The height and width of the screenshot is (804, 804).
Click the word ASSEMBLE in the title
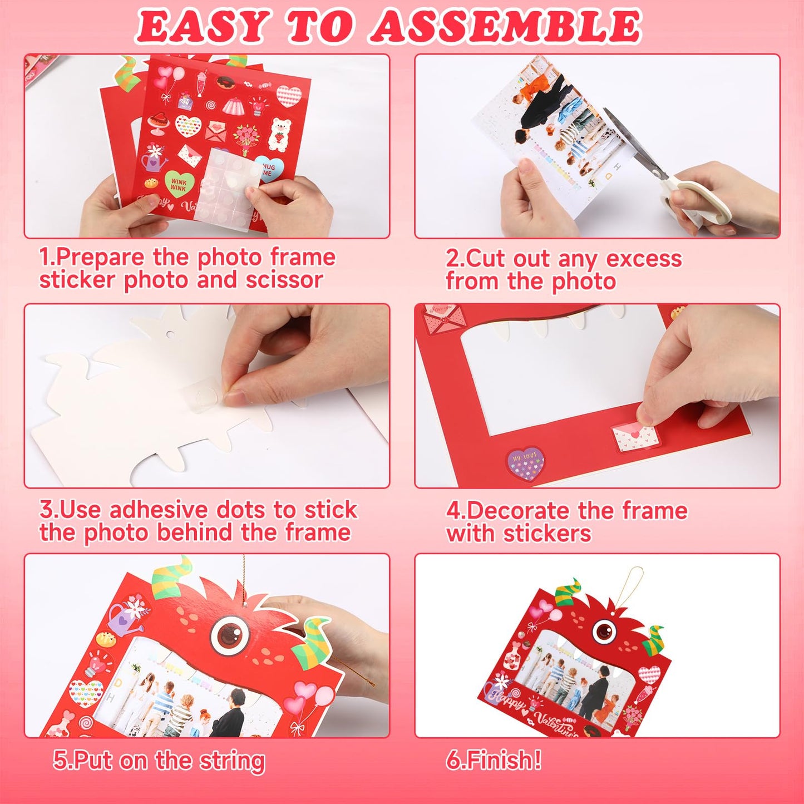click(x=506, y=26)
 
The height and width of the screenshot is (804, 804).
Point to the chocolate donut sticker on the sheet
click(x=225, y=83)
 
